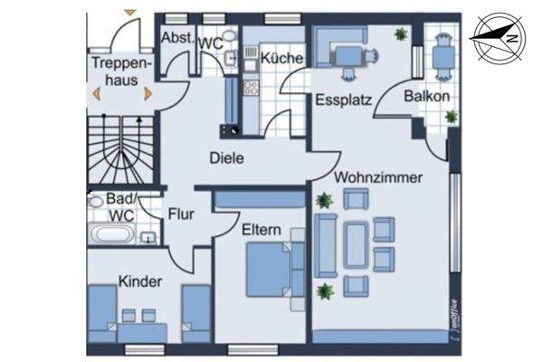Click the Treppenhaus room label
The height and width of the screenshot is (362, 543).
click(114, 71)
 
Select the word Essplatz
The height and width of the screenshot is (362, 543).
click(343, 100)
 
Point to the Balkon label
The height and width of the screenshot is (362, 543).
click(426, 95)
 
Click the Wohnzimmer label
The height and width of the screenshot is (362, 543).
click(377, 178)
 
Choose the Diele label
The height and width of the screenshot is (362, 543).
click(226, 157)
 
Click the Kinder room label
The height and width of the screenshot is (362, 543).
click(140, 281)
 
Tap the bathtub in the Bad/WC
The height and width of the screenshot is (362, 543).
click(113, 236)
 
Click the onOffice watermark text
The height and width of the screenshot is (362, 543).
click(453, 313)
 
